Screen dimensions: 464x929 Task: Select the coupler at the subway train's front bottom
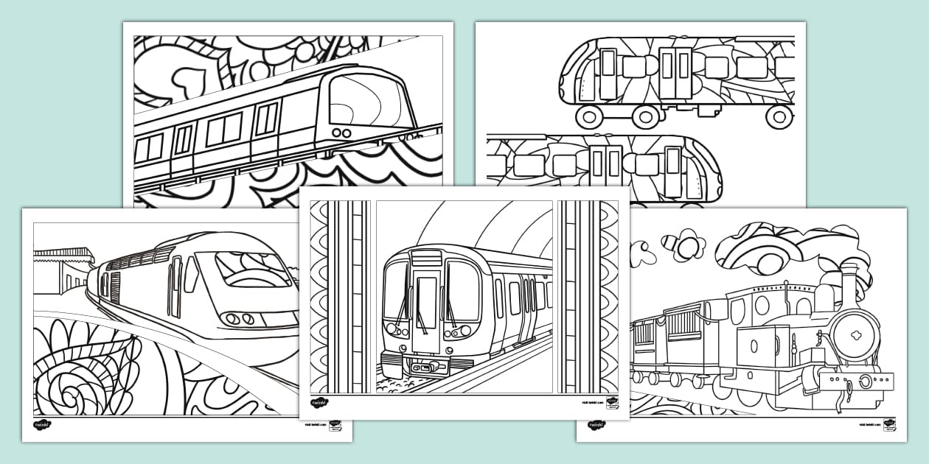click(425, 366)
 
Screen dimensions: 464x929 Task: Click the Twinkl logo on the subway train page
click(319, 403)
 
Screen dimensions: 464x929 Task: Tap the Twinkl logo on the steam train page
click(596, 425)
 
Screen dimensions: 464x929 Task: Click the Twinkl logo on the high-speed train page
click(42, 425)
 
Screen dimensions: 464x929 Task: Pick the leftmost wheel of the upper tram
click(588, 116)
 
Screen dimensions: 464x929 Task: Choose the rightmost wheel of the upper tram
click(779, 116)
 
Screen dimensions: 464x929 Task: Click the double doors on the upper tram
click(675, 73)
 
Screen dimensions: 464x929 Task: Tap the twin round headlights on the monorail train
click(341, 133)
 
